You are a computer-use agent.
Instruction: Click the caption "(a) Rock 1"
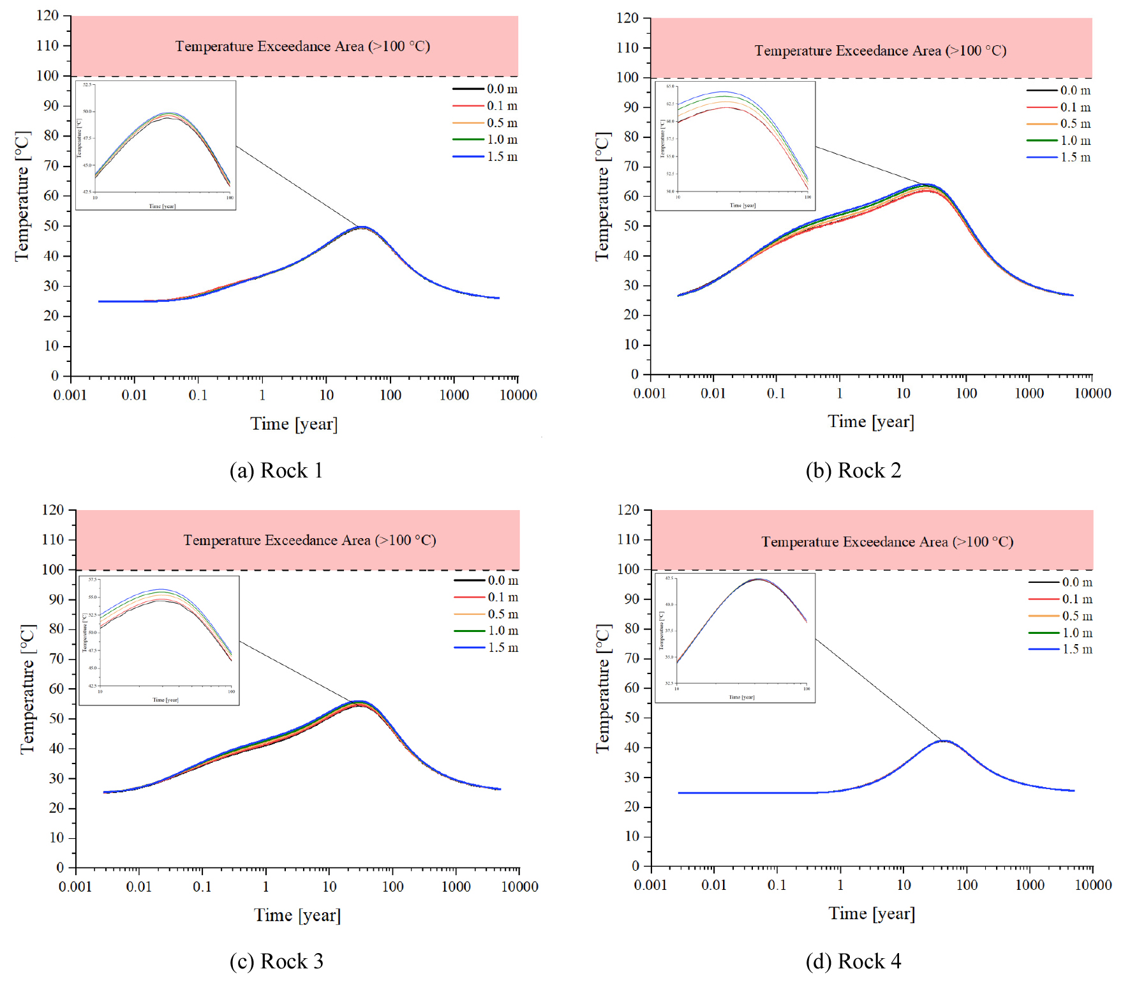coord(276,470)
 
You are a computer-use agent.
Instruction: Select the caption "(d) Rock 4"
coord(853,961)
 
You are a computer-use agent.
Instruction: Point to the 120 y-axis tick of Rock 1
coord(48,15)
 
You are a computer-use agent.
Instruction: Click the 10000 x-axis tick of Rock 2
coord(1092,393)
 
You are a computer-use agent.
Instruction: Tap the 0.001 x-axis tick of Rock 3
coord(75,887)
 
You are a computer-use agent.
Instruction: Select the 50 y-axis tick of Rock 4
coord(632,718)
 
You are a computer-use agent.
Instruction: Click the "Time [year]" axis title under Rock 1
coord(294,424)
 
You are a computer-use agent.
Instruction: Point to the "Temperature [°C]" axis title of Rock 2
coord(603,196)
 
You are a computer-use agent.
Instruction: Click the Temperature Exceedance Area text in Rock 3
coord(309,541)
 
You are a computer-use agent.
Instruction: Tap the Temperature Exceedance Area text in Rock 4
coord(887,542)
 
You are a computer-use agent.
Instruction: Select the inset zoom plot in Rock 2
coord(735,146)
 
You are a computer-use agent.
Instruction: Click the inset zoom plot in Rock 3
coord(159,640)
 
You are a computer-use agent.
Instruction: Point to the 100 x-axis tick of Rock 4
coord(967,885)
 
